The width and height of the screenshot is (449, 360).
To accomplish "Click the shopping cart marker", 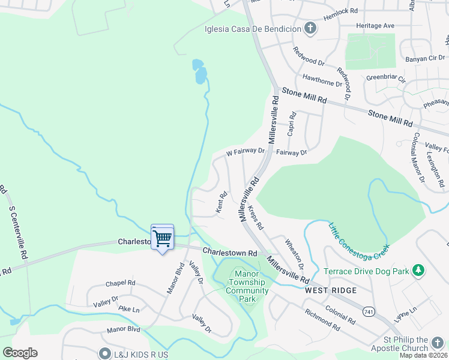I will [x=162, y=238].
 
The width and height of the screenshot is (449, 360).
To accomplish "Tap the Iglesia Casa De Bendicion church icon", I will [x=310, y=28].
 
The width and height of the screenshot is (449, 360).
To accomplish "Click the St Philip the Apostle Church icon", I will [x=438, y=344].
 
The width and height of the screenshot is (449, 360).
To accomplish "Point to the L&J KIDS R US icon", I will [x=106, y=354].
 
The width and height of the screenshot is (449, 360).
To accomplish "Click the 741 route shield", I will [x=369, y=312].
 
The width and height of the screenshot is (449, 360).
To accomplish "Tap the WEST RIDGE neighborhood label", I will [x=330, y=290].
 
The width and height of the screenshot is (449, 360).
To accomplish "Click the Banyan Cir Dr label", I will [x=424, y=59].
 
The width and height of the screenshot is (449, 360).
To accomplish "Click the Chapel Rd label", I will [x=121, y=283].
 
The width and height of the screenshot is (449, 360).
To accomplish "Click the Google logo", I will [x=20, y=353].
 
